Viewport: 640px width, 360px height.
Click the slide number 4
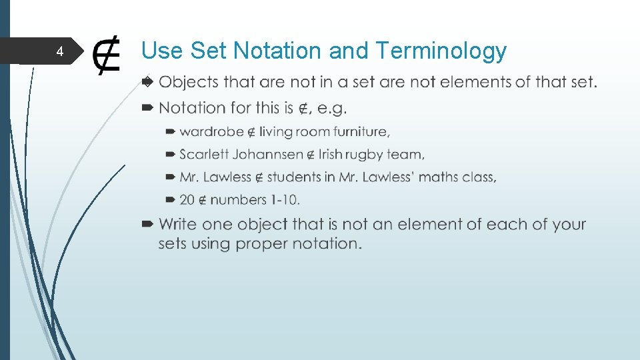click(59, 52)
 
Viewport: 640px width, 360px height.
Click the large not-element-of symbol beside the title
click(107, 56)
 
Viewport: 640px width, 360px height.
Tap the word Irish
click(330, 154)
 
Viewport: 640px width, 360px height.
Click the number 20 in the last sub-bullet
click(187, 199)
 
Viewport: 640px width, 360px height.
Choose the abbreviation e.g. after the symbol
click(332, 108)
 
